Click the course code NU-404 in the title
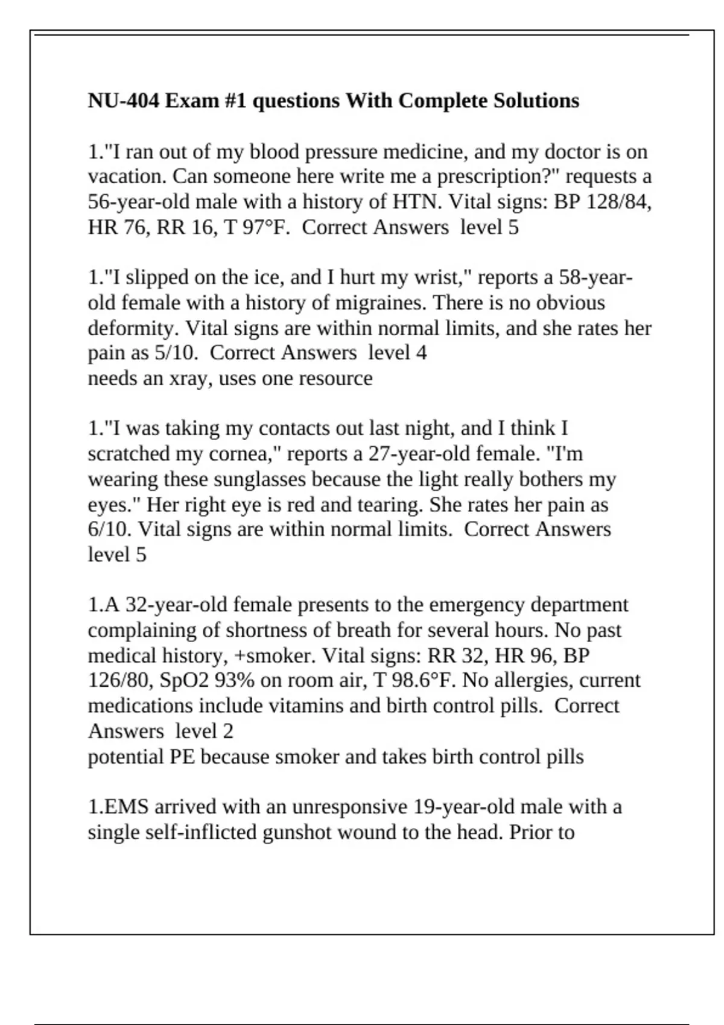click(124, 100)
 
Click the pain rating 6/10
click(110, 529)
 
